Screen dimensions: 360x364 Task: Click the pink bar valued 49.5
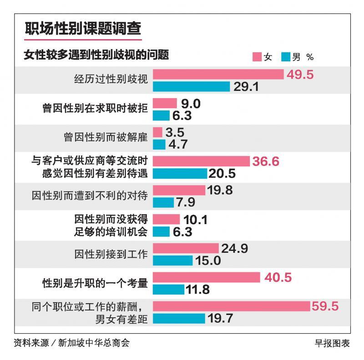tap(218, 75)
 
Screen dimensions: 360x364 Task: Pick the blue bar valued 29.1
tap(192, 86)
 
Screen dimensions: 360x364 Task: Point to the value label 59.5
tap(325, 306)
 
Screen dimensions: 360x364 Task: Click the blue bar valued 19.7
tap(179, 318)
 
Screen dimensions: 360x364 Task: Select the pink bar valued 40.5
tap(206, 277)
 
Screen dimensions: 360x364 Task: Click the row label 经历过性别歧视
tap(111, 80)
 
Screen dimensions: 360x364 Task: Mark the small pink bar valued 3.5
tap(157, 132)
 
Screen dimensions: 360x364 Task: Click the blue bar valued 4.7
tap(159, 144)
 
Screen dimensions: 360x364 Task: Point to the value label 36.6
tap(267, 161)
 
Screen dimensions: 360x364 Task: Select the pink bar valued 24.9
tap(186, 248)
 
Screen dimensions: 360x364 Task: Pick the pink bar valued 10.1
tap(167, 220)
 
